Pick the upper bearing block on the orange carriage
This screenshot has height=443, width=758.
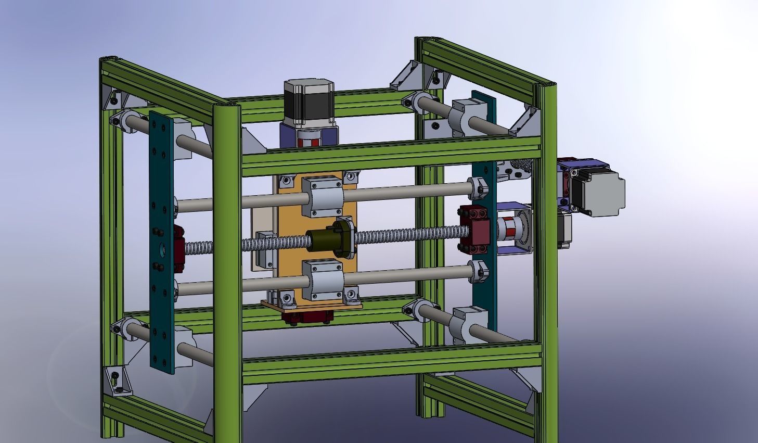coord(323,195)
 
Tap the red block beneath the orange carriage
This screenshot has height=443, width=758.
coord(307,317)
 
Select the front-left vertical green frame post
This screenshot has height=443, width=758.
coord(227,271)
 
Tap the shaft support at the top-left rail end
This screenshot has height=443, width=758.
coord(122,119)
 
